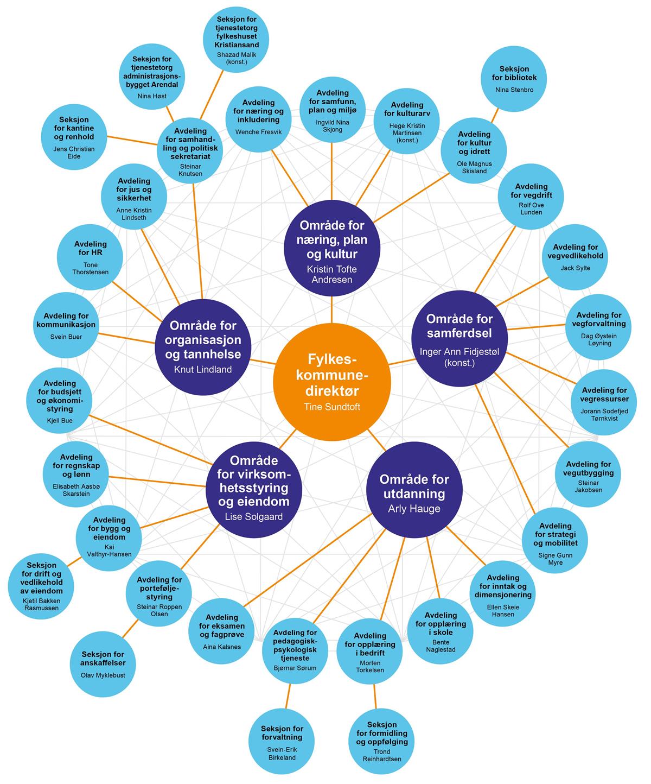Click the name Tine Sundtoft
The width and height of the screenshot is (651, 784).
click(x=331, y=407)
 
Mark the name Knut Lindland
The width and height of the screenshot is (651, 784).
click(x=202, y=370)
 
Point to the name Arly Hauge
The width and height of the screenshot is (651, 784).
click(x=414, y=509)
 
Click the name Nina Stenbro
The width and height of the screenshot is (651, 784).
click(x=514, y=90)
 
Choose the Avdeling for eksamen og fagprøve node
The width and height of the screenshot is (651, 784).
click(x=221, y=630)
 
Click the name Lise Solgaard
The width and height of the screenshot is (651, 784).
click(x=253, y=516)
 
